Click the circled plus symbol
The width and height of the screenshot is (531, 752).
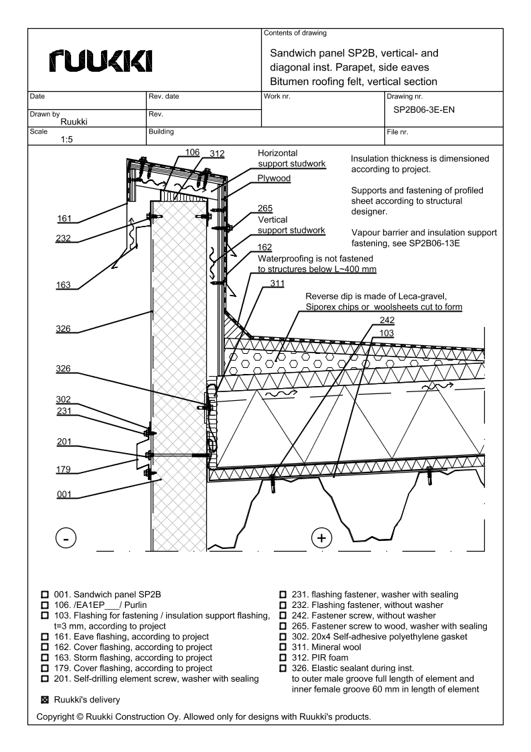[322, 538]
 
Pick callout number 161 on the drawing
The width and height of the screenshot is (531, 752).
[66, 218]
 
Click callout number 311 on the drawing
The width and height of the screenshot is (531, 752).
[277, 283]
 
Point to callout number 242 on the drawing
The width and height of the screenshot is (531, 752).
[386, 320]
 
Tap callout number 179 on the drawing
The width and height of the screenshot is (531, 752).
[64, 469]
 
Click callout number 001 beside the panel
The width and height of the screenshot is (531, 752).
[64, 495]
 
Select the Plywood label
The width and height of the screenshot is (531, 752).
[274, 179]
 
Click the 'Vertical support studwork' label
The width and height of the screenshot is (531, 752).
[291, 225]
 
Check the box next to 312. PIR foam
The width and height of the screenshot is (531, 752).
[283, 657]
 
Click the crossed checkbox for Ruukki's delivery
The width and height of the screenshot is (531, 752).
[45, 700]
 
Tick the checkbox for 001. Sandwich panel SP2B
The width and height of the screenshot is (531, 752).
[45, 594]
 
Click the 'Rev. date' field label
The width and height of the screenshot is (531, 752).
[164, 97]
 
